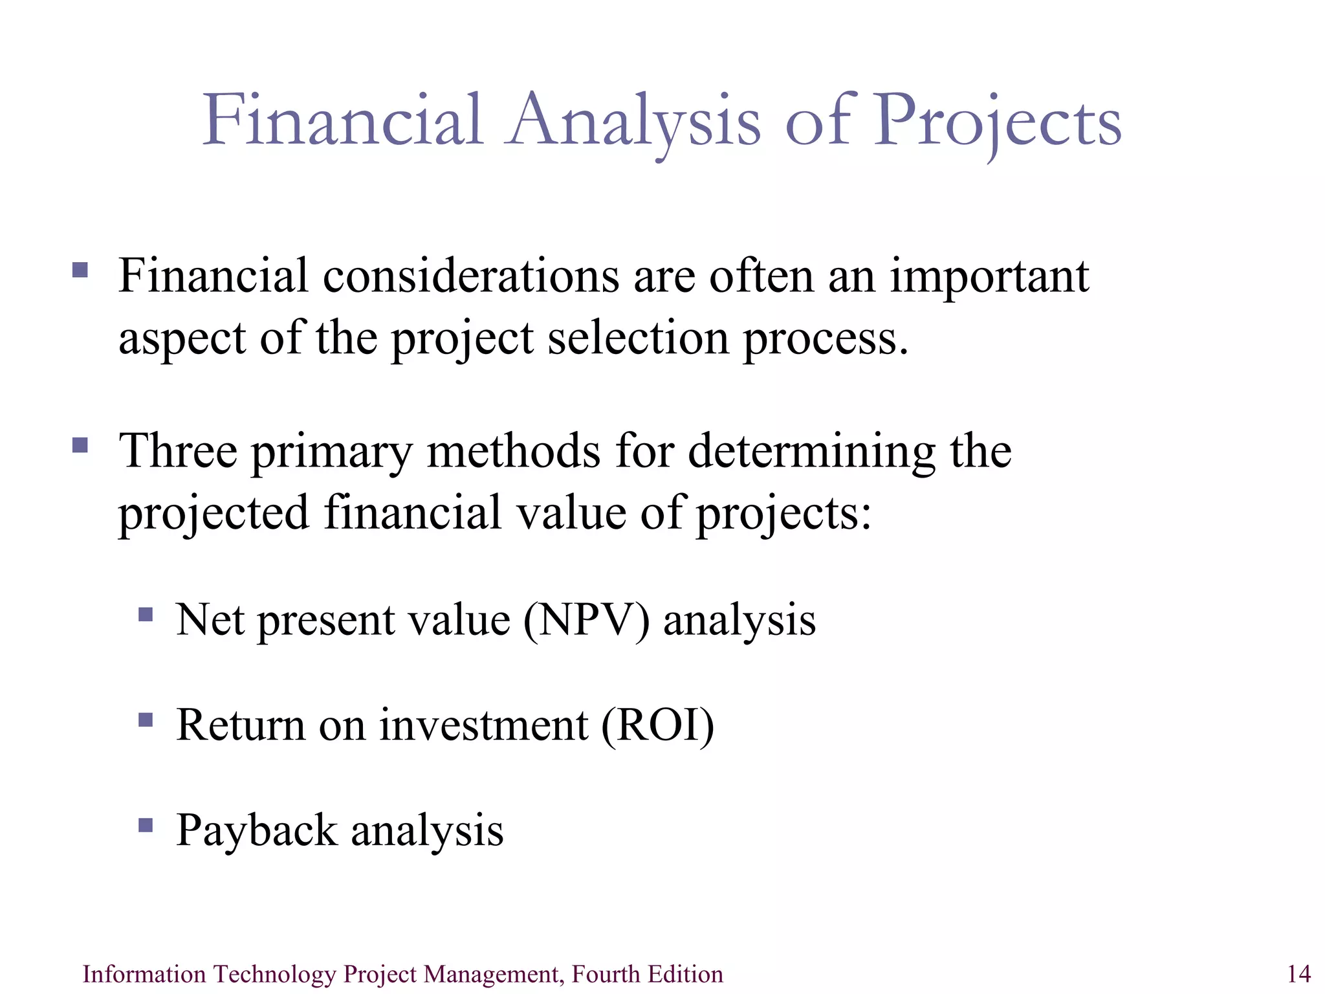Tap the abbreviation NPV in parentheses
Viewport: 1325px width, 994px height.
point(586,620)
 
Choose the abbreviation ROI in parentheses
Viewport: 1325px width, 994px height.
point(658,725)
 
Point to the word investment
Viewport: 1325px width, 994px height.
point(484,725)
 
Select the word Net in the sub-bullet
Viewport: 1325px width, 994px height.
point(210,620)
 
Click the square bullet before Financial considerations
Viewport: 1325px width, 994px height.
point(80,270)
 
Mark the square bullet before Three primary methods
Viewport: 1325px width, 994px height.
point(80,445)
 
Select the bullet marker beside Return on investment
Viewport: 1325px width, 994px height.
point(146,720)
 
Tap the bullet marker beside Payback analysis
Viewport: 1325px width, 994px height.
point(146,825)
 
